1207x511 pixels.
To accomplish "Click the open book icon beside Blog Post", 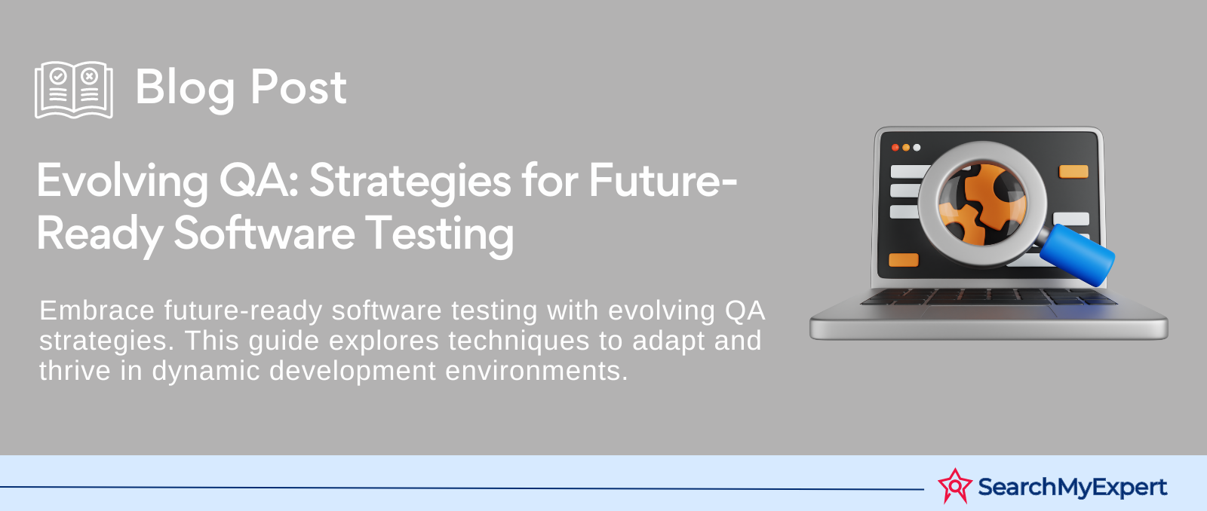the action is point(74,90).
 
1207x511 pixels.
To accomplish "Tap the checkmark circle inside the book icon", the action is point(58,76).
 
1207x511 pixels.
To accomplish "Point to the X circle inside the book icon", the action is point(90,76).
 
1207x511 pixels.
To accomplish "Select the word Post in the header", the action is point(299,87).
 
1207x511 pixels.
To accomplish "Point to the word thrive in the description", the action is point(75,371).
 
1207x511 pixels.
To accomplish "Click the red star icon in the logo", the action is point(955,485).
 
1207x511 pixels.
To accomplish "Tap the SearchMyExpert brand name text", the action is point(1072,488).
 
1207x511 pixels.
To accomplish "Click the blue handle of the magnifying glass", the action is point(1077,255).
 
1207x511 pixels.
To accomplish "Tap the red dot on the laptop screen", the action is point(895,148).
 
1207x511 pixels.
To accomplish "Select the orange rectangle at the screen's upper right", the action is point(1073,172).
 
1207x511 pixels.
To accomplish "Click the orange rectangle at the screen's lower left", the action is point(904,260).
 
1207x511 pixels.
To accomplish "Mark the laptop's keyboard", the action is point(989,297).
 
